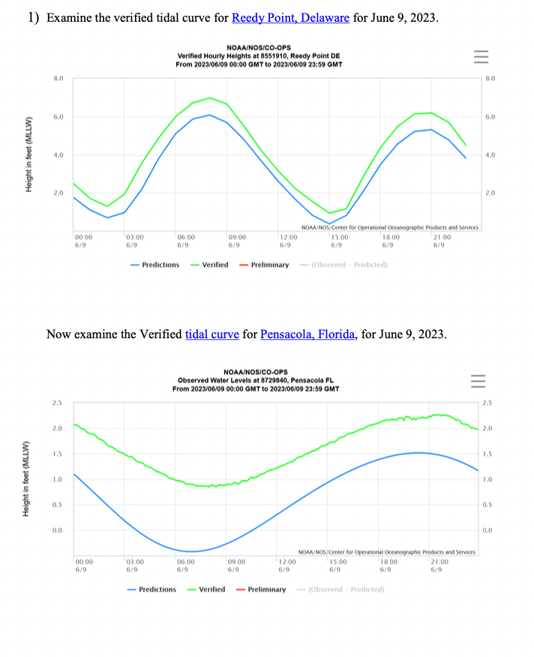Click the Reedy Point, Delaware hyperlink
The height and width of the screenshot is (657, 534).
pos(290,17)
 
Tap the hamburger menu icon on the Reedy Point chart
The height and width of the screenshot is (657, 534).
pos(481,56)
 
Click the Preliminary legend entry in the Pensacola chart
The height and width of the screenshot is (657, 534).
pos(261,589)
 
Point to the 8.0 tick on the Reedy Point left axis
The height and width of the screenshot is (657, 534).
pos(58,78)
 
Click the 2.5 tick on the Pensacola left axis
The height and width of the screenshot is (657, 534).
pos(58,403)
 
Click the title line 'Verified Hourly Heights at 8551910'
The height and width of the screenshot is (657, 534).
pos(259,56)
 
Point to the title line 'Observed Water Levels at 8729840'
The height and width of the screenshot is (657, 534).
pos(256,380)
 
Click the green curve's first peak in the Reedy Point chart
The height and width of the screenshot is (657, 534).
pos(210,97)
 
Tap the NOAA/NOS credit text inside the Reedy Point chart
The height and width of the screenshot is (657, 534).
pos(388,226)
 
